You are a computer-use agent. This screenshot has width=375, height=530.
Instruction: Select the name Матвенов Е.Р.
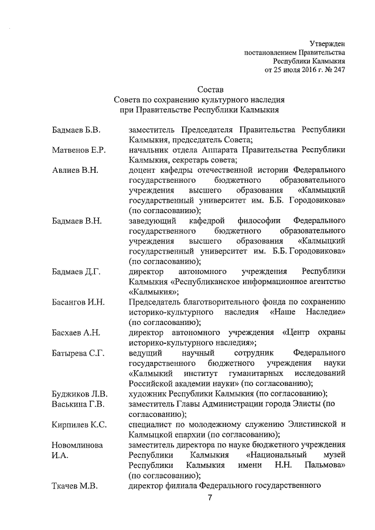78,150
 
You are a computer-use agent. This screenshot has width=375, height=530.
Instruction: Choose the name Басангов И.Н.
78,302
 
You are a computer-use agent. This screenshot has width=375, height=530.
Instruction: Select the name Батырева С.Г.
78,353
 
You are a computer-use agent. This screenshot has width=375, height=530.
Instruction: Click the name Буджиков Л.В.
79,393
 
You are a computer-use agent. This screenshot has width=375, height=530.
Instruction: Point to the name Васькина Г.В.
77,404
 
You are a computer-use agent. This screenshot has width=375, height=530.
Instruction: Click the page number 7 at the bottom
209,498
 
